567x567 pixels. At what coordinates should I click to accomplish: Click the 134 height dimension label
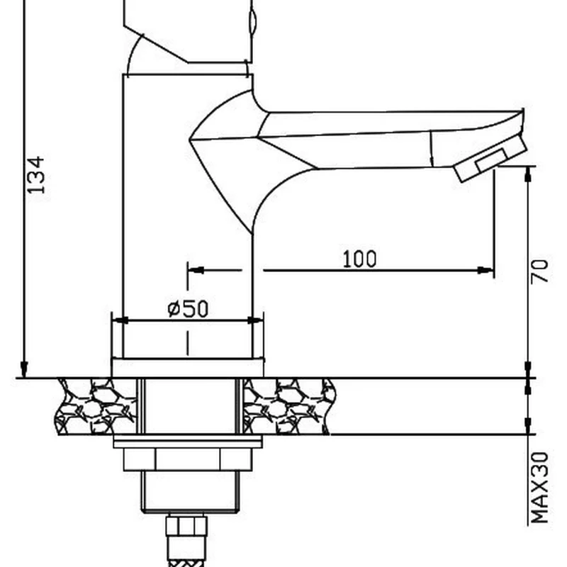pos(36,174)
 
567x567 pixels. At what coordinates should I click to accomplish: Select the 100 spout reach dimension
pos(359,259)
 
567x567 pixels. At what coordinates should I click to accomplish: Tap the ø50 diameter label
pos(188,309)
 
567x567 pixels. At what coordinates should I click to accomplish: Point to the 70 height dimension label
pos(540,271)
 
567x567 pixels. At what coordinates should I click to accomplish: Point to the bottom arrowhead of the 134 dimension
pos(24,370)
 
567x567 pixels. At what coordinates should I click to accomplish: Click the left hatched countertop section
pos(96,406)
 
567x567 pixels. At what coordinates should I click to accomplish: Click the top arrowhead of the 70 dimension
pos(529,172)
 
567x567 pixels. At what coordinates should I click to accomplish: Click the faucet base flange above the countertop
pos(188,368)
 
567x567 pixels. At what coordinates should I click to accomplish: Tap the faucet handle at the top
pos(188,28)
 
